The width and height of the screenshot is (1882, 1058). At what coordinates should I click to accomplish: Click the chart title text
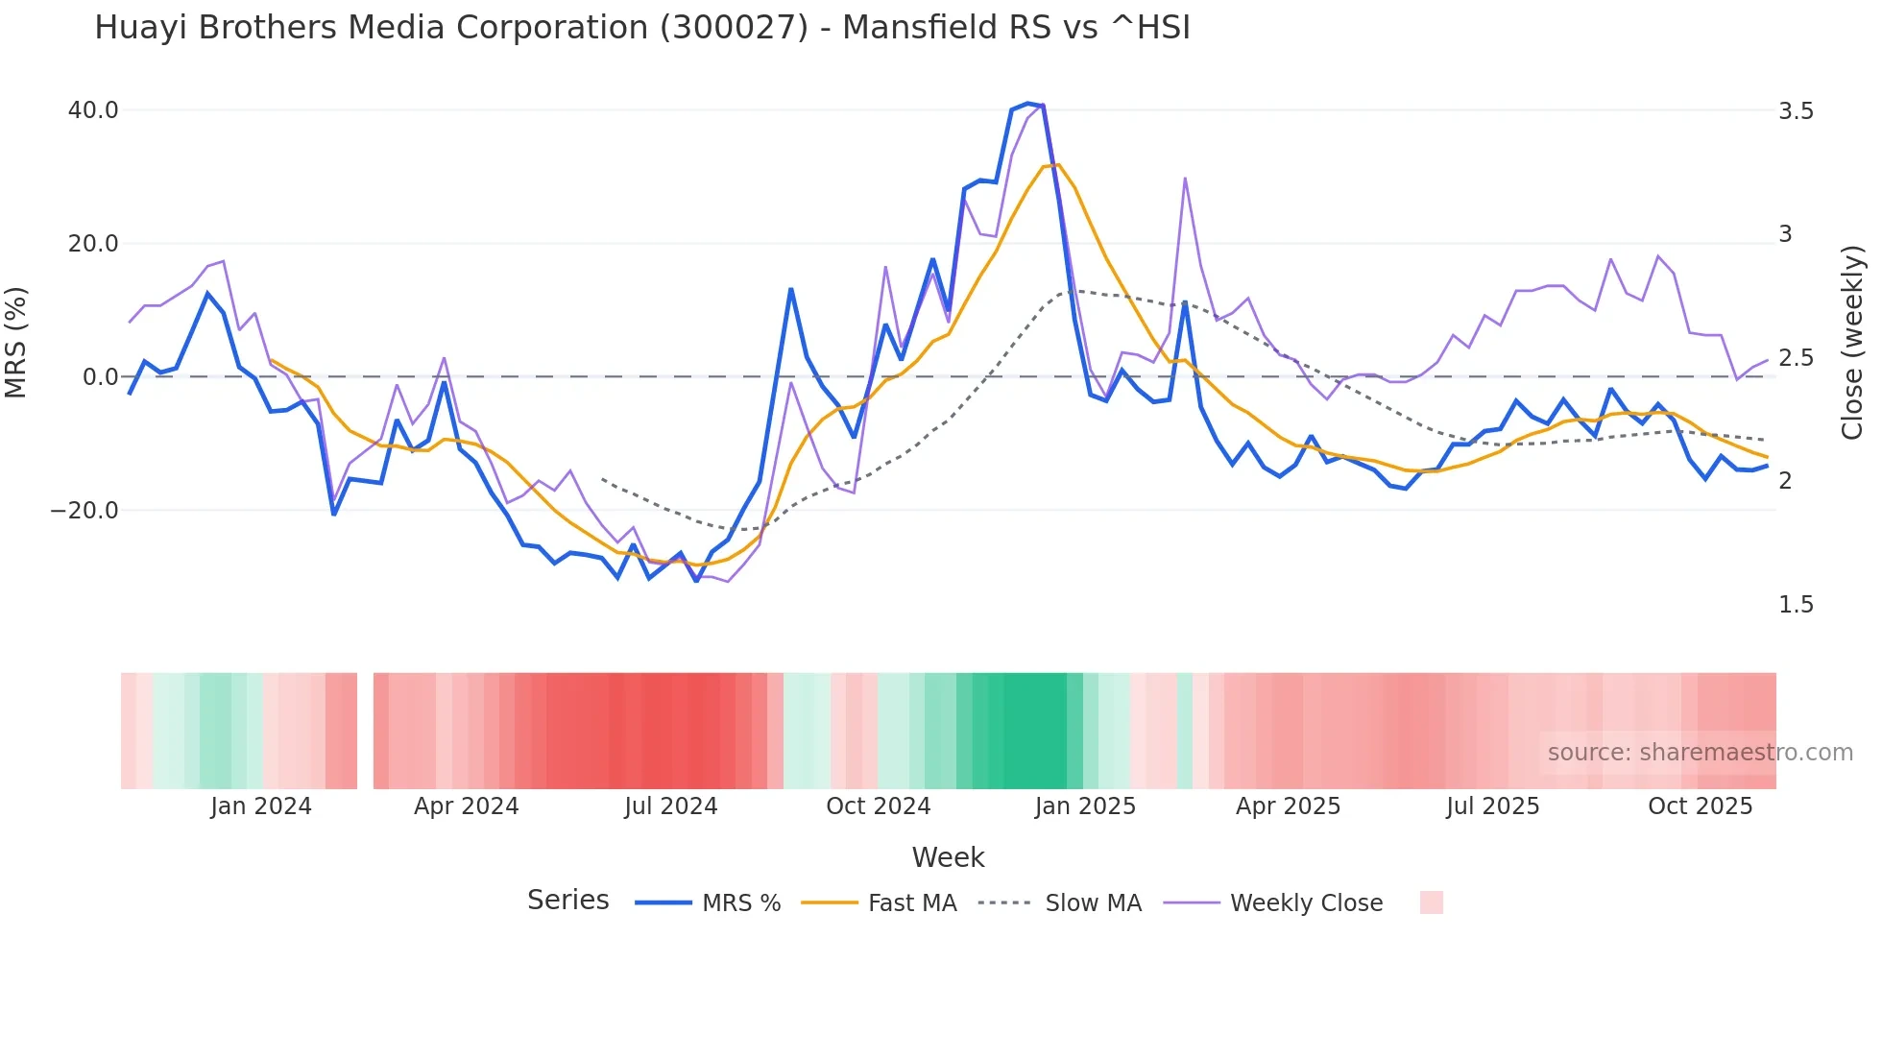(641, 28)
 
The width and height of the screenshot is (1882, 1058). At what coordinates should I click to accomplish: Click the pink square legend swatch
(1431, 902)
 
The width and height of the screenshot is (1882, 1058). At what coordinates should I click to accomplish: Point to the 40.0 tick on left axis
(93, 110)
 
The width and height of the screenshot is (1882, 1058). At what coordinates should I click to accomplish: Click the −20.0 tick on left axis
(84, 511)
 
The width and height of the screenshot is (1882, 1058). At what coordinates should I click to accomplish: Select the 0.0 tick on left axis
(100, 377)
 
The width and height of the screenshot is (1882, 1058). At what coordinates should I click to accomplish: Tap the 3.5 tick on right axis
(1796, 111)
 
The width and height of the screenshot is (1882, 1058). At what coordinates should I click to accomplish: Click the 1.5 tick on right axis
(1796, 605)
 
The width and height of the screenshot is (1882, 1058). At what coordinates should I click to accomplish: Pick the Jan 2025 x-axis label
(1085, 806)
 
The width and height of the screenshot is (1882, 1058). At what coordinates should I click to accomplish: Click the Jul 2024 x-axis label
(670, 806)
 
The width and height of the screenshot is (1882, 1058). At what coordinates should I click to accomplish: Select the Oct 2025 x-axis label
(1700, 806)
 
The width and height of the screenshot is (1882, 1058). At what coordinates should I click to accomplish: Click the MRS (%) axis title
(15, 343)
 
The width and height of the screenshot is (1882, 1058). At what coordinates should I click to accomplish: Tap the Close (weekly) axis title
(1851, 343)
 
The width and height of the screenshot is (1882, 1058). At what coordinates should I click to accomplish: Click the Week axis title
(948, 857)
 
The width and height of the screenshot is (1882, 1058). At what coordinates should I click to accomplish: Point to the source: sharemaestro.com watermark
(1700, 753)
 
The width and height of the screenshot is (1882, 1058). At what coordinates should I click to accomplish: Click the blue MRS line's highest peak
(1027, 104)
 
